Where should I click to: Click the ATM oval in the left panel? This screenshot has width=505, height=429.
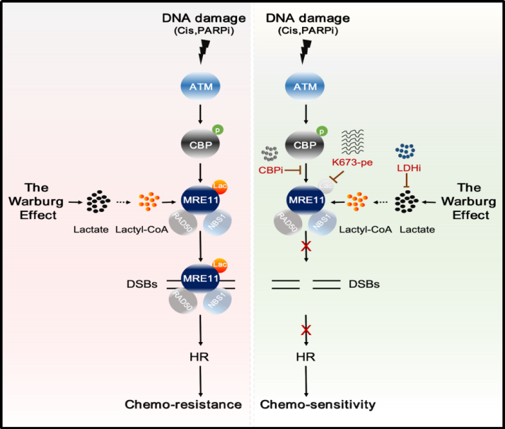(x=201, y=86)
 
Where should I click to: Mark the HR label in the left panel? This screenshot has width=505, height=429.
(x=202, y=355)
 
